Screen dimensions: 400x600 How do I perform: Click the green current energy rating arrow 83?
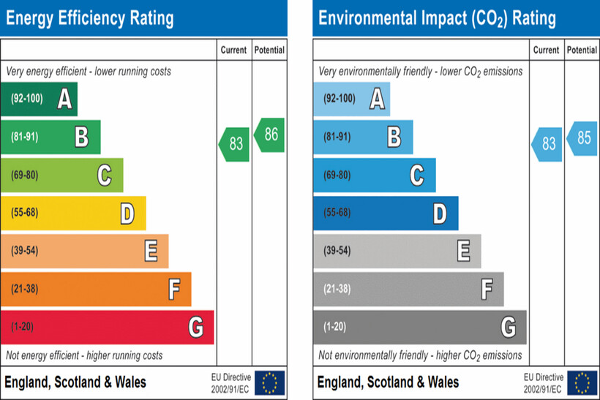pyautogui.click(x=234, y=144)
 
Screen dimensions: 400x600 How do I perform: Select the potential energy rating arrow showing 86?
pyautogui.click(x=269, y=135)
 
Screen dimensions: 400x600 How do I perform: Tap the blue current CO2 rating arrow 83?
pyautogui.click(x=547, y=144)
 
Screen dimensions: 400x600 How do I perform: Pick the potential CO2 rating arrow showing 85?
pyautogui.click(x=582, y=137)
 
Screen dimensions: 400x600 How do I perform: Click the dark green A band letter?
pyautogui.click(x=64, y=99)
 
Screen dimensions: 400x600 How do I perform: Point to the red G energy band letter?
pyautogui.click(x=195, y=327)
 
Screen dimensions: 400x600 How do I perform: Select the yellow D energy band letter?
pyautogui.click(x=127, y=213)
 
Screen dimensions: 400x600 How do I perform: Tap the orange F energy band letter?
pyautogui.click(x=173, y=289)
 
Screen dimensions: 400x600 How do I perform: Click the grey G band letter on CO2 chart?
pyautogui.click(x=508, y=327)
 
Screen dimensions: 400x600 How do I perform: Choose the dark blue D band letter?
pyautogui.click(x=440, y=213)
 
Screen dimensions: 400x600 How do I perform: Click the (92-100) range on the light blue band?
pyautogui.click(x=339, y=99)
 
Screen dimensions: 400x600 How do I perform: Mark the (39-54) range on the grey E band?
pyautogui.click(x=337, y=251)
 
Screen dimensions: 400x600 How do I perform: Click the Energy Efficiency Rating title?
pyautogui.click(x=90, y=18)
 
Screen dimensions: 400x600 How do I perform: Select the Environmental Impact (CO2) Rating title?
pyautogui.click(x=437, y=18)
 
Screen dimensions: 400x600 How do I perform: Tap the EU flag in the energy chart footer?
pyautogui.click(x=269, y=382)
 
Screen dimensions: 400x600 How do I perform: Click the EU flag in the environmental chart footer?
pyautogui.click(x=582, y=382)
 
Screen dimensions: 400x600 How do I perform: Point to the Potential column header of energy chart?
pyautogui.click(x=269, y=50)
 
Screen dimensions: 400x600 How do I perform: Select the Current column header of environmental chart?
pyautogui.click(x=546, y=50)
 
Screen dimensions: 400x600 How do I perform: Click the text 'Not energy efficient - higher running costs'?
pyautogui.click(x=84, y=355)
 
